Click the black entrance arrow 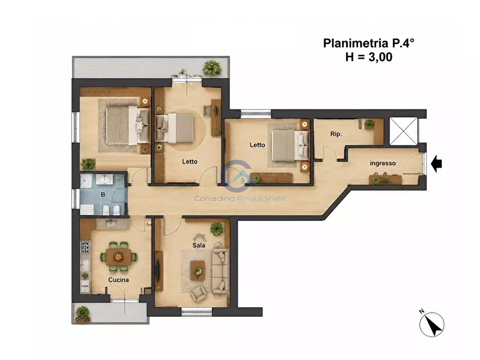point(436,164)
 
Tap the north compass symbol point(431,324)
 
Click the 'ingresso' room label point(383,163)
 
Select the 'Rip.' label point(336,134)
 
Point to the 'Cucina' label point(118,280)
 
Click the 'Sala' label point(199,245)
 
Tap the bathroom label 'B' point(103,195)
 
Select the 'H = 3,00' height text point(369,57)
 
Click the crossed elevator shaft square point(403,131)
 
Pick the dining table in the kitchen point(119,257)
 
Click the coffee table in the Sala point(198,270)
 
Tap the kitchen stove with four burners point(85,247)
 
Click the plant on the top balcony point(212,68)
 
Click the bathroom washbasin point(105,179)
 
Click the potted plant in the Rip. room point(369,124)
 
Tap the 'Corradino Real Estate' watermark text point(240,198)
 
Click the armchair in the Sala point(198,293)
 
